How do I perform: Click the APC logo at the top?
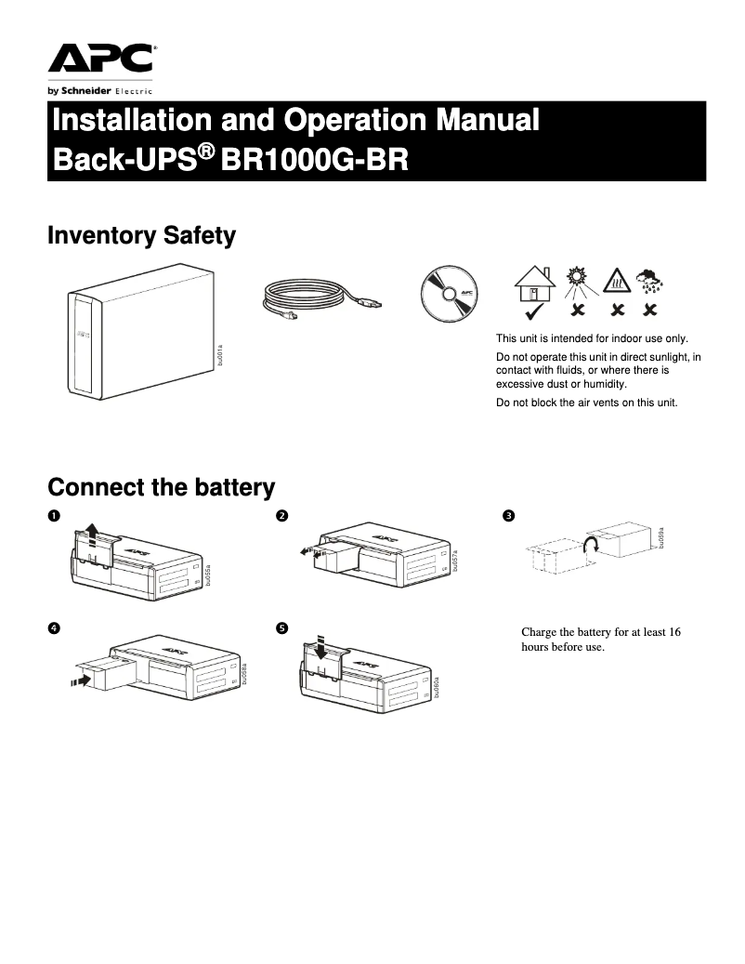pyautogui.click(x=101, y=59)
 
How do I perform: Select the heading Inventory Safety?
pyautogui.click(x=141, y=236)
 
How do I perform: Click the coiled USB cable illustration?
pyautogui.click(x=319, y=299)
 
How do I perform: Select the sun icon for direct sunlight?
pyautogui.click(x=579, y=280)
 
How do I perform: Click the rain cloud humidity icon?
pyautogui.click(x=649, y=279)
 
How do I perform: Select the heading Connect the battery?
pyautogui.click(x=161, y=487)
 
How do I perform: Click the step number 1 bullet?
pyautogui.click(x=54, y=516)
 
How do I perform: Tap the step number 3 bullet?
pyautogui.click(x=507, y=516)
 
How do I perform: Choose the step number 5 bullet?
pyautogui.click(x=281, y=628)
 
